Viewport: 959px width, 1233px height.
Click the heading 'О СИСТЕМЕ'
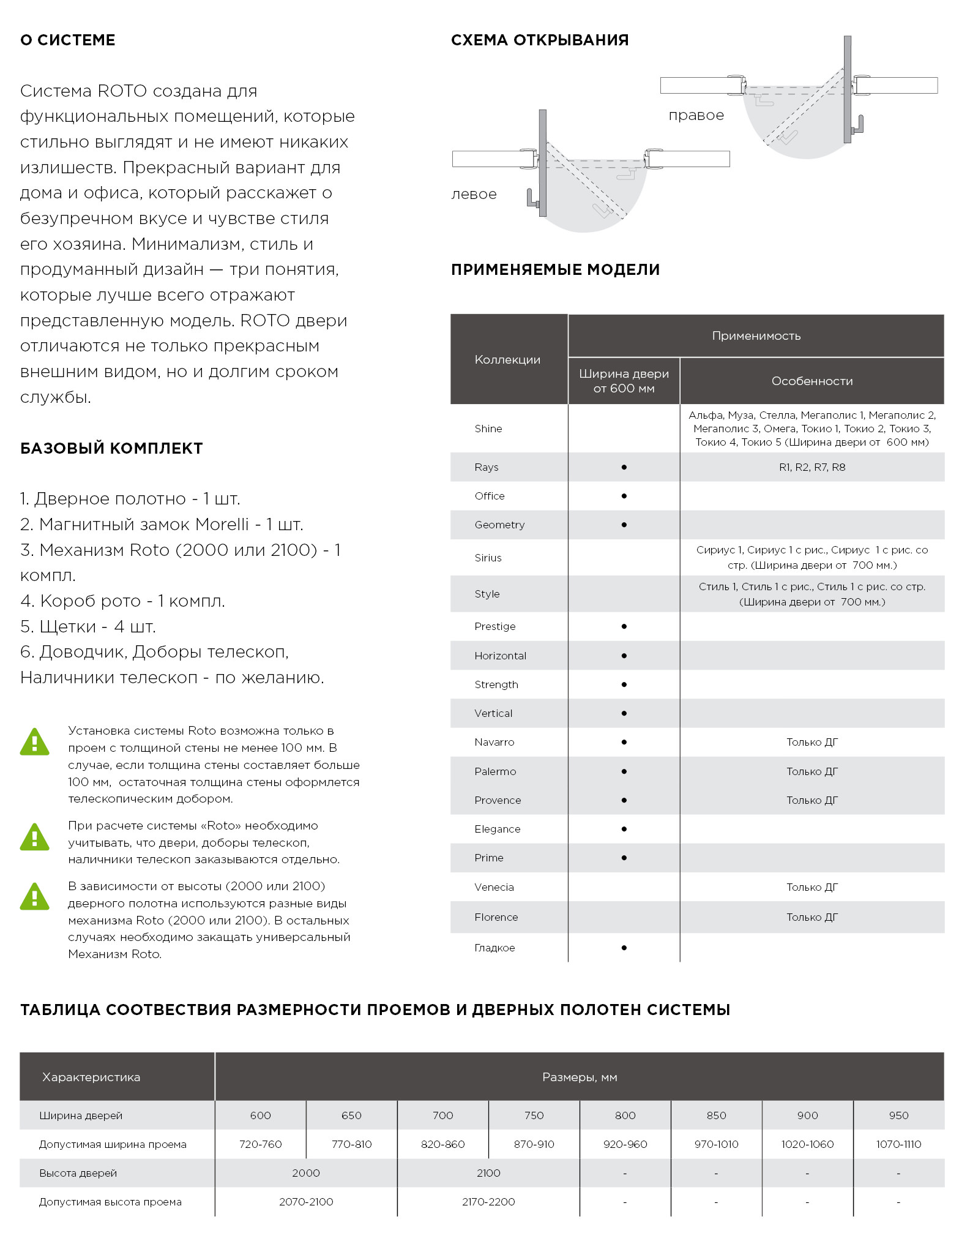coord(68,40)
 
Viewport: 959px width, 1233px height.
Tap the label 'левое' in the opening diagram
coord(474,195)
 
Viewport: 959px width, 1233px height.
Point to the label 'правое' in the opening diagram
coord(696,116)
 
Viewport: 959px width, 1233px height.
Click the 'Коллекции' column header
coord(507,360)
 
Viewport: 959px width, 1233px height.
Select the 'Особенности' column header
coord(812,381)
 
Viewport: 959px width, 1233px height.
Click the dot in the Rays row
coord(624,468)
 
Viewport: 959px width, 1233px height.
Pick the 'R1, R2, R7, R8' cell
coord(812,468)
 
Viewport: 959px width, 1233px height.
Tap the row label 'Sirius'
coord(488,558)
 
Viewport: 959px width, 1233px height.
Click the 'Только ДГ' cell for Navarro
coord(812,743)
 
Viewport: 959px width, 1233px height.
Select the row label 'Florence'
coord(496,917)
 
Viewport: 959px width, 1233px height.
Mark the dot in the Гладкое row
coord(624,948)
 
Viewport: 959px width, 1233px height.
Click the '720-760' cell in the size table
coord(260,1144)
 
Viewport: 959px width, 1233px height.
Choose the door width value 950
coord(898,1115)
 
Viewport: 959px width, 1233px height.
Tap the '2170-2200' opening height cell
coord(488,1202)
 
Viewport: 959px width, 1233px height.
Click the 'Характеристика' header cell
coord(91,1077)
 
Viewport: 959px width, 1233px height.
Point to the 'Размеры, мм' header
coord(579,1077)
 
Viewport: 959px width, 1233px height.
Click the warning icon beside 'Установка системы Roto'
coord(35,742)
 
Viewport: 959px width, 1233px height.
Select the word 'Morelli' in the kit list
coord(222,525)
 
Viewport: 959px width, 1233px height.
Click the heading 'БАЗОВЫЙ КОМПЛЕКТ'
coord(111,449)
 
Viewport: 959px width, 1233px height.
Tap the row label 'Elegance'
coord(497,829)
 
